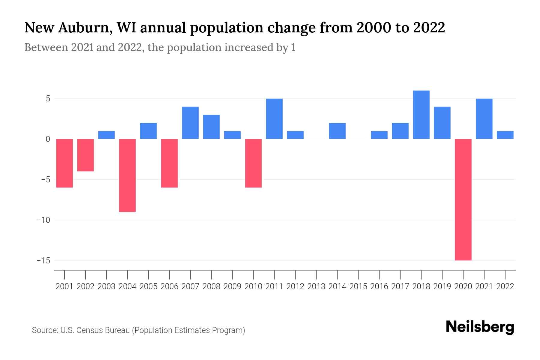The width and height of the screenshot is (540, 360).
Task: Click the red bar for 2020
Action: tap(463, 199)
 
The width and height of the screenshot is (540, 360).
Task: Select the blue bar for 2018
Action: tap(421, 115)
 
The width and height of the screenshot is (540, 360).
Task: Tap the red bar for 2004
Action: tap(127, 175)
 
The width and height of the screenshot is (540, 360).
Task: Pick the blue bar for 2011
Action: tap(274, 119)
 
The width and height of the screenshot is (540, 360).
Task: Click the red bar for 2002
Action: tap(85, 155)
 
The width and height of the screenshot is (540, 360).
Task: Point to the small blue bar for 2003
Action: tap(106, 135)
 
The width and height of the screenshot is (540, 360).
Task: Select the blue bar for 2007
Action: tap(190, 123)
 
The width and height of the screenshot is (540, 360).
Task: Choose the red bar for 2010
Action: tap(253, 163)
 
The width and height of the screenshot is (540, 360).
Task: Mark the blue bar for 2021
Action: tap(484, 119)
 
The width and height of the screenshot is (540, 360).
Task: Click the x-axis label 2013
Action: tap(316, 286)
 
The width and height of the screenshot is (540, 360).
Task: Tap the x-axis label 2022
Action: tap(505, 286)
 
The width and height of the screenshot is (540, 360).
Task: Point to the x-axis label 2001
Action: tap(64, 286)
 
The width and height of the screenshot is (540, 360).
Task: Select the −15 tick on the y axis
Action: tap(43, 260)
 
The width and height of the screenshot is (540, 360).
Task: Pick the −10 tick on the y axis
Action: tap(43, 220)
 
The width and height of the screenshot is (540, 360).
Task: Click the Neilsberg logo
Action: tap(480, 327)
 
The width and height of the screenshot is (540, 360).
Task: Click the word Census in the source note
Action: tap(88, 330)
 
